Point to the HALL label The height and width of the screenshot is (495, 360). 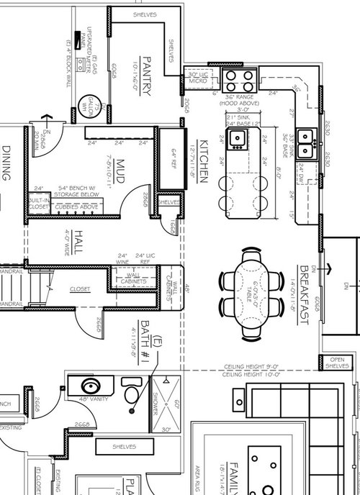(78, 241)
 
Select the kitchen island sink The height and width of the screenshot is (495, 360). (238, 137)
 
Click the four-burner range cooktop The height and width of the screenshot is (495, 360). (239, 81)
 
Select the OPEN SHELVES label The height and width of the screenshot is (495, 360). (336, 363)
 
